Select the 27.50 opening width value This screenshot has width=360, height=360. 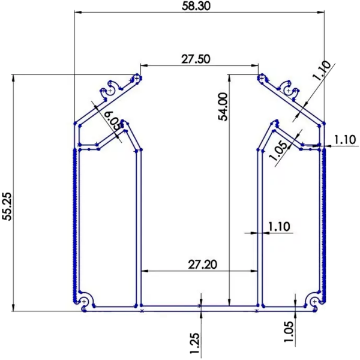[x=196, y=59]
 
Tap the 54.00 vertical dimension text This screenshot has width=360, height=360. [x=223, y=107]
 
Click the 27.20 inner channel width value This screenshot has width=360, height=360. [x=203, y=264]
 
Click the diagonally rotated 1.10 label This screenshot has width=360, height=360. [x=322, y=71]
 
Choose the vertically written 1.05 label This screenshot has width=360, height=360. [x=290, y=332]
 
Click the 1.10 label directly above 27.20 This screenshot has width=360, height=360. [x=279, y=227]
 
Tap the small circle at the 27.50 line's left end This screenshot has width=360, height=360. [x=137, y=78]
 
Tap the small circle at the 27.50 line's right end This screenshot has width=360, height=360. [x=262, y=78]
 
